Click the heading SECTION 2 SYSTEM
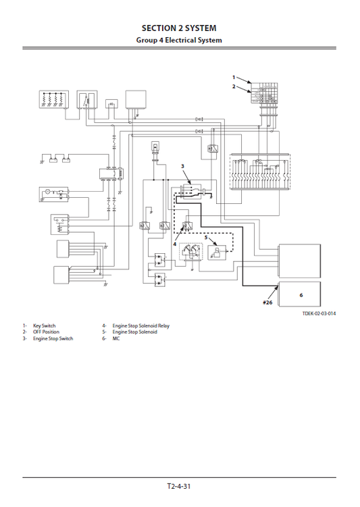tap(180, 28)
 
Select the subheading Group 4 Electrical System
tap(180, 40)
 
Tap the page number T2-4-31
tap(180, 486)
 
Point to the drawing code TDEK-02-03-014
tap(319, 314)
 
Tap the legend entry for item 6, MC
tap(115, 338)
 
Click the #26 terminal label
tap(267, 302)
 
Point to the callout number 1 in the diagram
tap(234, 78)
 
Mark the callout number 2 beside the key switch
tap(234, 86)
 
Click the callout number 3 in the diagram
tap(182, 165)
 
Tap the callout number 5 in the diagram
tap(207, 238)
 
